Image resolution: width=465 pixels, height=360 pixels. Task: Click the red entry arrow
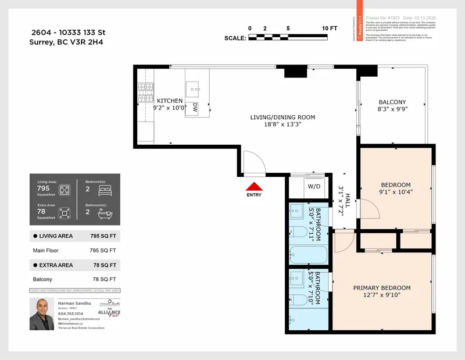point(254,187)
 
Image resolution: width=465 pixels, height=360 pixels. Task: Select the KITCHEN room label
point(169,101)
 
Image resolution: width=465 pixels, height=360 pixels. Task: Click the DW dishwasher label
point(195,108)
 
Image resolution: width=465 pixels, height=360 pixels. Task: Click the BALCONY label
point(392,102)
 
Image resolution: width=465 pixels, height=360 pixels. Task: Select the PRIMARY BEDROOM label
point(382,288)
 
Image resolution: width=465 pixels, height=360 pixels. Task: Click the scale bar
point(289,37)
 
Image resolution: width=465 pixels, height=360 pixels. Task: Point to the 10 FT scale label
point(329,28)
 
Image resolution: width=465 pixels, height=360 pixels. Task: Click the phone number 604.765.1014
point(70,313)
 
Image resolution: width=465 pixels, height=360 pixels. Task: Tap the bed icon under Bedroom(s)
point(105,190)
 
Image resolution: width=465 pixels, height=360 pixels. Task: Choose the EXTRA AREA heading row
point(75,265)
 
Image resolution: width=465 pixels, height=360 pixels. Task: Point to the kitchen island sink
point(194,90)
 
